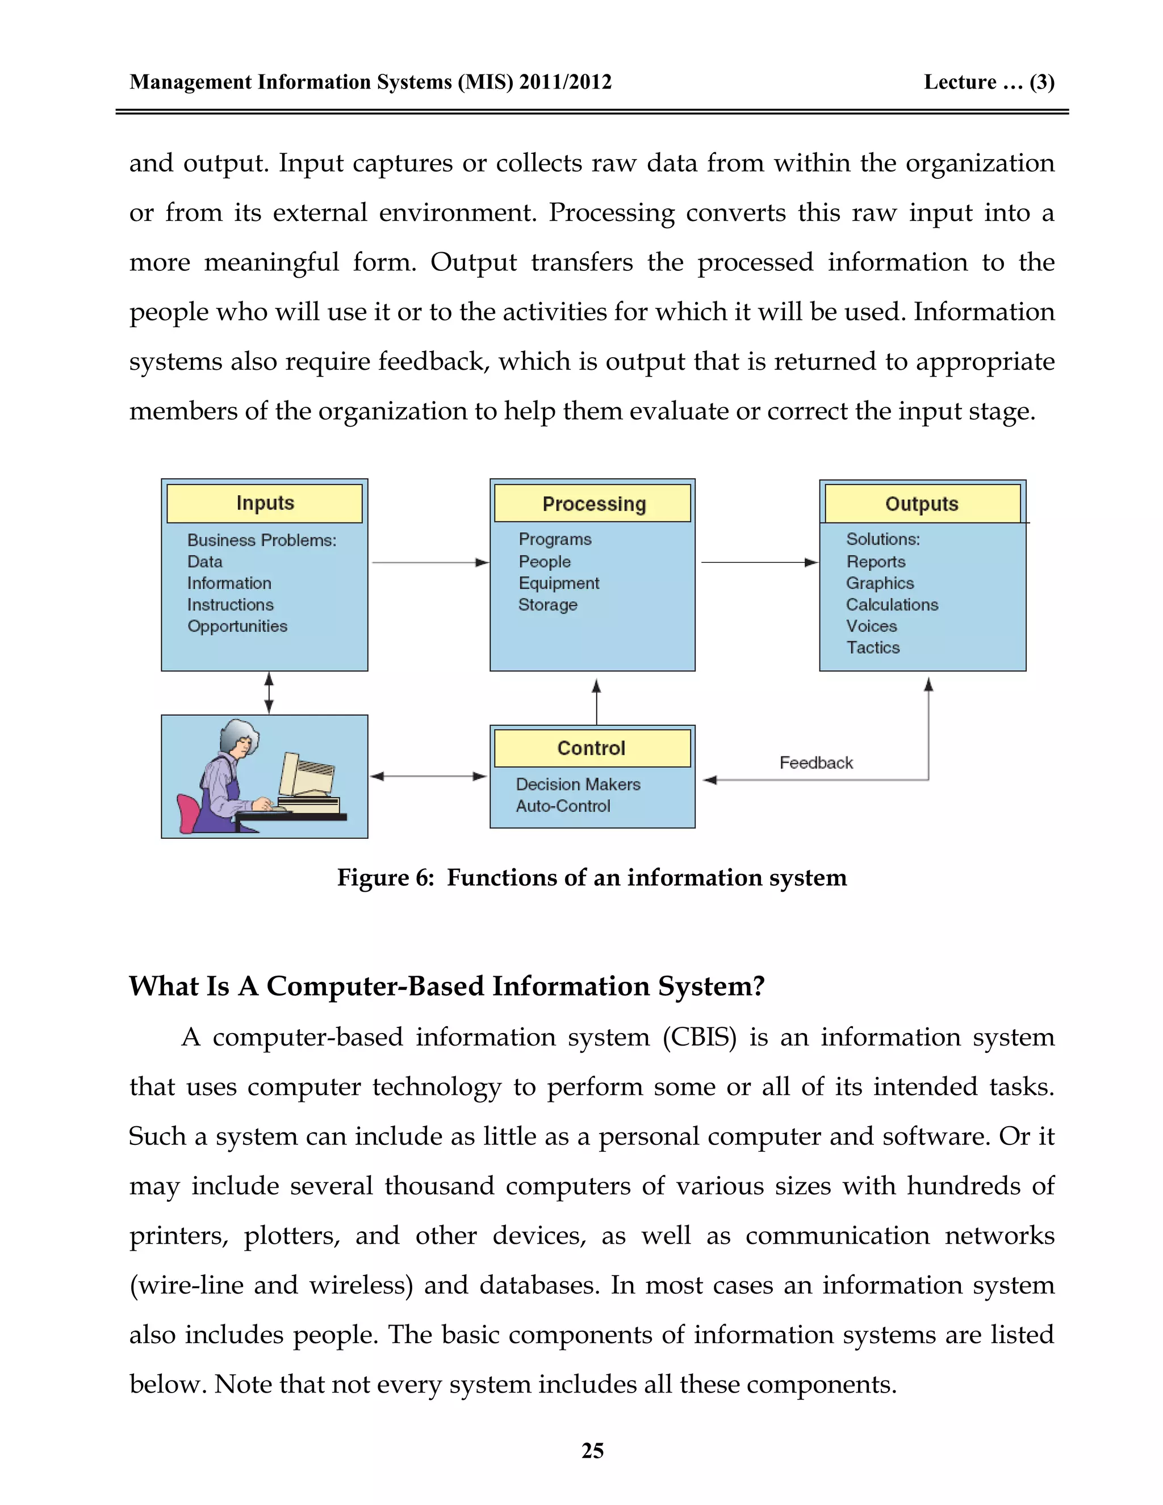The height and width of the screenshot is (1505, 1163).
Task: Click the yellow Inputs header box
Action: (265, 503)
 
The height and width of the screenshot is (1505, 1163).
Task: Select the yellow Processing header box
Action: (592, 504)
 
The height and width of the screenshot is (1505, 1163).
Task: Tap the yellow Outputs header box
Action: (922, 504)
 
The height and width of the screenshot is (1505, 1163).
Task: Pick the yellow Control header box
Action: (592, 749)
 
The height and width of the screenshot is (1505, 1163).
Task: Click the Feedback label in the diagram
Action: (816, 763)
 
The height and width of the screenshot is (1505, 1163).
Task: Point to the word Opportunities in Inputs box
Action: (237, 626)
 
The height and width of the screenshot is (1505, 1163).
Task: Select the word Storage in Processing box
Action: (548, 605)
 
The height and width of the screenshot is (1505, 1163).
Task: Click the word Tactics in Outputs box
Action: (873, 648)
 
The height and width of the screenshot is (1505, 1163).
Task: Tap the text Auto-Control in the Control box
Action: (563, 806)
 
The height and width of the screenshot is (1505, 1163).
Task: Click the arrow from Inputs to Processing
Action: (430, 563)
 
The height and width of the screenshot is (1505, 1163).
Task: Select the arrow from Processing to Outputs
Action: (759, 563)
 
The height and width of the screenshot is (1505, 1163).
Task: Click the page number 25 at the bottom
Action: (592, 1450)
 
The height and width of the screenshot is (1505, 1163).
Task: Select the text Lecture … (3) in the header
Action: (988, 82)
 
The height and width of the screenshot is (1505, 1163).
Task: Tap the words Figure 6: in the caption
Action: (385, 878)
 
